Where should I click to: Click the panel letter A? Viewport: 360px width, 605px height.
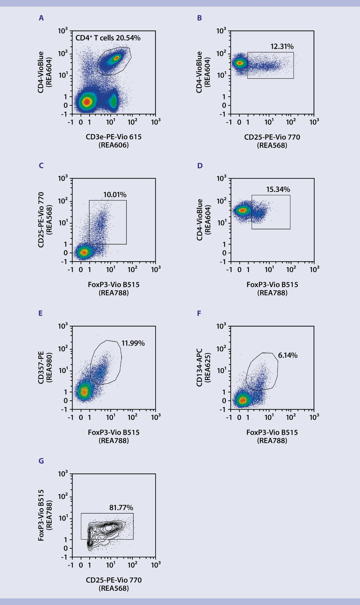[x=41, y=18]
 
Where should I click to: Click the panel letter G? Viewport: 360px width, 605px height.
[x=41, y=461]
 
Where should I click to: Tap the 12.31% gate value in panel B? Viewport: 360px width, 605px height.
[x=282, y=47]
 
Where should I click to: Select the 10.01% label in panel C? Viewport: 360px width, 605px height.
[x=115, y=195]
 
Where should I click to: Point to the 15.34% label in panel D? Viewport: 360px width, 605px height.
[x=278, y=189]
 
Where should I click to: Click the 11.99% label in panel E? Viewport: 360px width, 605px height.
[x=133, y=343]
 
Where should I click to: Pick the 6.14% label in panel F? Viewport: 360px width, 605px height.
[x=287, y=355]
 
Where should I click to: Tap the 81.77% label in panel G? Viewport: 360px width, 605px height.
[x=121, y=508]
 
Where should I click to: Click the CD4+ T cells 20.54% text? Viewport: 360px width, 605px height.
[x=108, y=38]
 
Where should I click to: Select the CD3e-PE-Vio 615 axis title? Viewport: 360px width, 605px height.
[x=113, y=137]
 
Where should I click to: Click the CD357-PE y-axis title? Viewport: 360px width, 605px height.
[x=41, y=367]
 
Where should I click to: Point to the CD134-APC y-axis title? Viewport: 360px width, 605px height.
[x=199, y=367]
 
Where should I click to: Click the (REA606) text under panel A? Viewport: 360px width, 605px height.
[x=113, y=145]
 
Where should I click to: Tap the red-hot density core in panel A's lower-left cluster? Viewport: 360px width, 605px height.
[x=87, y=101]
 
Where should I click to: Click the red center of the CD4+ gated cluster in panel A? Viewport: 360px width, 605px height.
[x=117, y=58]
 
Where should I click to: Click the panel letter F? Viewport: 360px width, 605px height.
[x=199, y=313]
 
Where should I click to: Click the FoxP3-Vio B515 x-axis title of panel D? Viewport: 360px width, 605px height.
[x=272, y=285]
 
